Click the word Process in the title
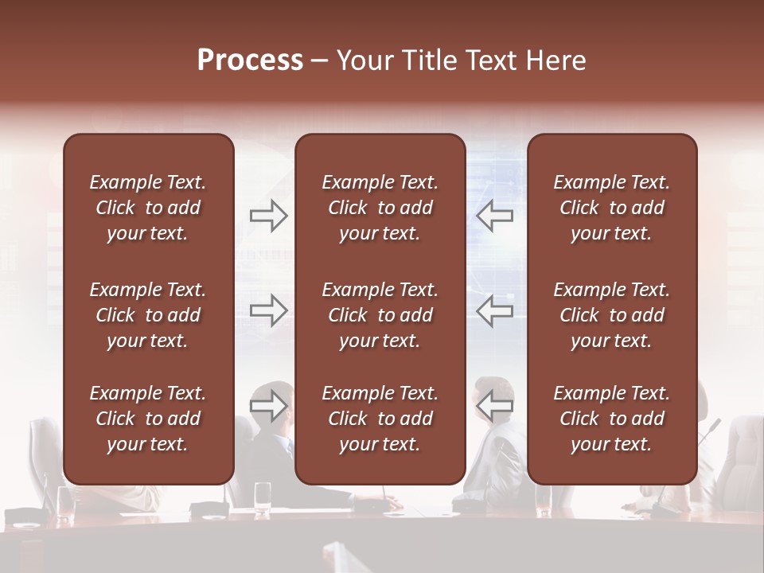250,60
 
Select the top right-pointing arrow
268,216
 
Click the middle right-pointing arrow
268,310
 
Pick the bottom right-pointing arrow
268,406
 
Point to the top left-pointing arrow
494,216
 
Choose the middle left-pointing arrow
494,310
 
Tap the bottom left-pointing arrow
494,406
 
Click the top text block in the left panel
148,208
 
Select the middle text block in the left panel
148,315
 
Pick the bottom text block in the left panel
148,419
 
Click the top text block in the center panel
380,208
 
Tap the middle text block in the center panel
380,315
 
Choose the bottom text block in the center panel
380,419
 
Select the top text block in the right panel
611,208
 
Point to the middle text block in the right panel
611,315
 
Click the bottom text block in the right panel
611,419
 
